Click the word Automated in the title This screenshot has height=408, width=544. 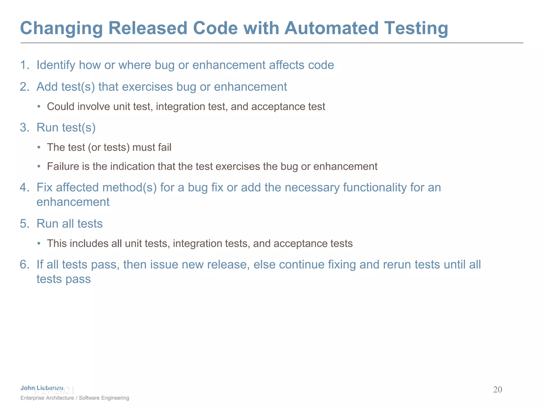(331, 28)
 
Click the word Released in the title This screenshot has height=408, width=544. (148, 28)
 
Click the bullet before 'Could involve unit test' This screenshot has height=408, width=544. (39, 107)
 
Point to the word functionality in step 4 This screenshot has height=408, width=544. (375, 188)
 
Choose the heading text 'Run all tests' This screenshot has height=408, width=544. (69, 224)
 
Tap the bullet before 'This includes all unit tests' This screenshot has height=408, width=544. (39, 244)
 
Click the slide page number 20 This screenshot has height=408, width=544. (497, 390)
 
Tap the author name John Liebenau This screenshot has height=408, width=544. (42, 388)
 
